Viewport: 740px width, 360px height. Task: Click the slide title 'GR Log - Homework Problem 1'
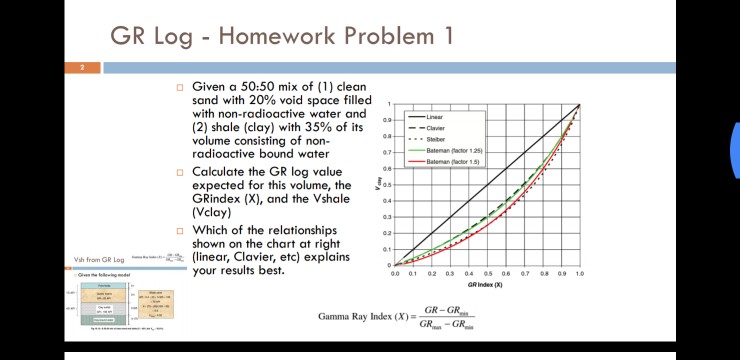point(281,36)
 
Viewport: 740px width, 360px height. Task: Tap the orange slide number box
point(83,68)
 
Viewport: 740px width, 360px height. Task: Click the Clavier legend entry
point(435,128)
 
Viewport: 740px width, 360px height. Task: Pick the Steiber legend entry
point(435,139)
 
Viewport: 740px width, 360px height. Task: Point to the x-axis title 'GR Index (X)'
point(484,284)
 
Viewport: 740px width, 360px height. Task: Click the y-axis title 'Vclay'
point(379,184)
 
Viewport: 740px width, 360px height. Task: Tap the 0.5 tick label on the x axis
point(488,273)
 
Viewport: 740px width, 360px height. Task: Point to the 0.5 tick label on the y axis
point(388,185)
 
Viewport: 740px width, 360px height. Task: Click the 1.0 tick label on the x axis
point(579,273)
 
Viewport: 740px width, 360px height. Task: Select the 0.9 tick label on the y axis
point(388,120)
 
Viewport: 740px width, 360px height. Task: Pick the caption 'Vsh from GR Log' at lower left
point(99,260)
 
